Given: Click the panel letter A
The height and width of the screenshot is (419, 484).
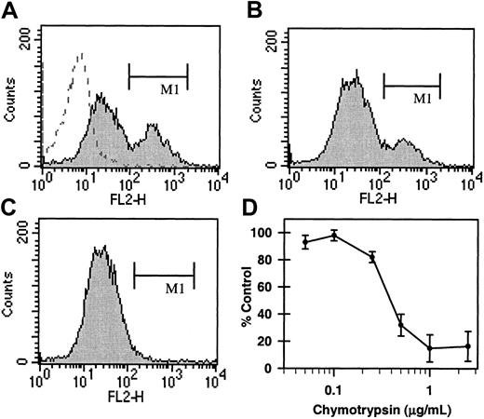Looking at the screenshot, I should (9, 9).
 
